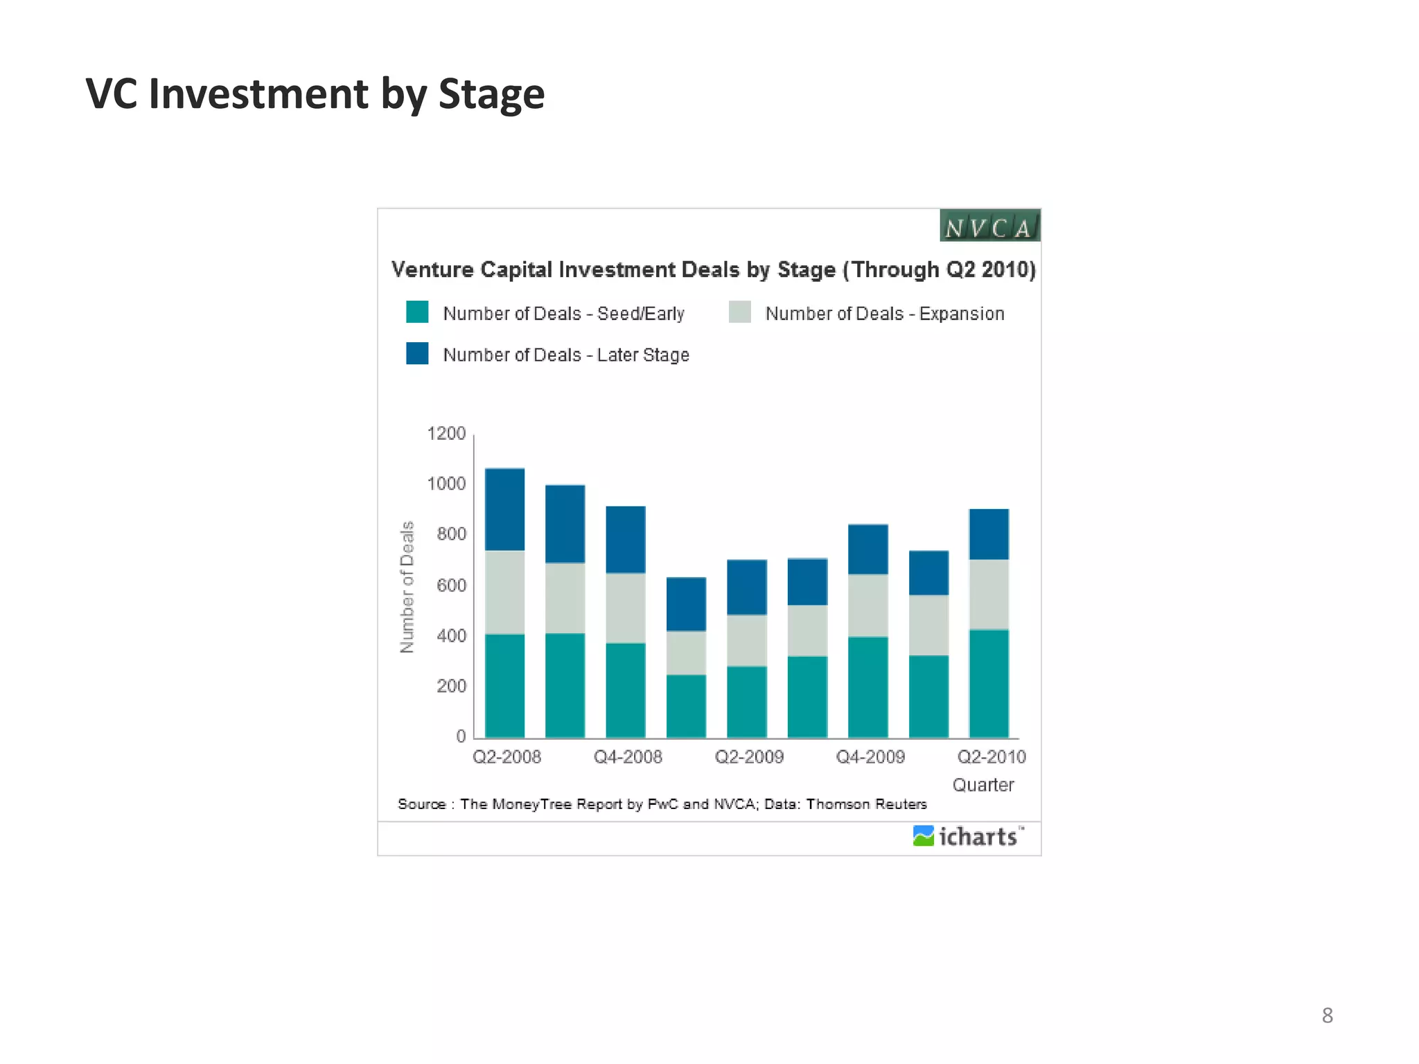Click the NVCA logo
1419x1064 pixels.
coord(989,226)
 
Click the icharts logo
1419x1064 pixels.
coord(968,837)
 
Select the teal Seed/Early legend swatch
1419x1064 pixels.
coord(417,312)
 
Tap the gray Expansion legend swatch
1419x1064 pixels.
coord(740,312)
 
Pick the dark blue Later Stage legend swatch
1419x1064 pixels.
coord(417,353)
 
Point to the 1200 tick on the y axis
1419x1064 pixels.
coord(446,434)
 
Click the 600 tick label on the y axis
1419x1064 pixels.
coord(451,585)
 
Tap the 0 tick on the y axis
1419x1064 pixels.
coord(461,736)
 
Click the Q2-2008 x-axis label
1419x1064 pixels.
coord(506,756)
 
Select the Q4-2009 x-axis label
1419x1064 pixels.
coord(870,756)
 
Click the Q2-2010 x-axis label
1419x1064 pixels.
coord(991,756)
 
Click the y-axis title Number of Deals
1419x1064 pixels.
coord(407,587)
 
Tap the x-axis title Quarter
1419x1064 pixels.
coord(982,785)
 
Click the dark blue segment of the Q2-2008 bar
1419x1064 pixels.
coord(504,509)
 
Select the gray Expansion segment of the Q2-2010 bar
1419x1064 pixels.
coord(989,594)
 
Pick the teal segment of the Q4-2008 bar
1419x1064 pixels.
coord(626,690)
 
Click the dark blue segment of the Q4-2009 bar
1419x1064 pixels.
coord(868,549)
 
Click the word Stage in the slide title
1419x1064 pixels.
coord(491,94)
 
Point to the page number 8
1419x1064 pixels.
coord(1327,1016)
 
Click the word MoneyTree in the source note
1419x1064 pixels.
coord(531,804)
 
